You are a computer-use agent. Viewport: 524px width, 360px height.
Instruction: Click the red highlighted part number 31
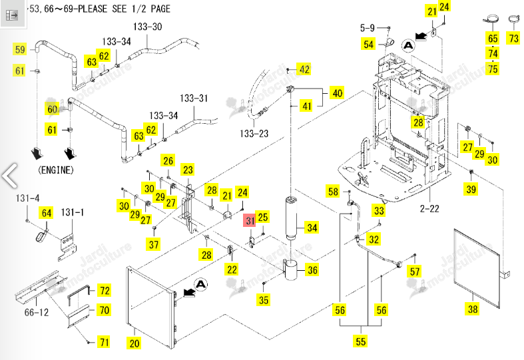coord(250,220)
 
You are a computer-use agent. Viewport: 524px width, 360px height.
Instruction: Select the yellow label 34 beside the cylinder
coord(312,228)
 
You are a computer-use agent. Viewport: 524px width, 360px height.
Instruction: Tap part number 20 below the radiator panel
coord(134,343)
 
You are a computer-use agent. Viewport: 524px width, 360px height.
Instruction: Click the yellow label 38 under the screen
coord(473,309)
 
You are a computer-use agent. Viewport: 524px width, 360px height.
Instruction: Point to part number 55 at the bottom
coord(361,341)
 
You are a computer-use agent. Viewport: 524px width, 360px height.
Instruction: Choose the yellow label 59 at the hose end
coord(20,49)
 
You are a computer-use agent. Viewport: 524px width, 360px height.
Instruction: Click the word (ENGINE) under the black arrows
coord(56,170)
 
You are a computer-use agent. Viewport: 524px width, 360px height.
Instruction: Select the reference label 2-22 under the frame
coord(429,209)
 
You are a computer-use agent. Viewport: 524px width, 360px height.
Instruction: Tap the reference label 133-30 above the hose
coord(147,27)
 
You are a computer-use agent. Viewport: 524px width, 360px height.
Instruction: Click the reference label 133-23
coord(254,134)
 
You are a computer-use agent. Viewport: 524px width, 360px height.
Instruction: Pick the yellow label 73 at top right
coord(514,38)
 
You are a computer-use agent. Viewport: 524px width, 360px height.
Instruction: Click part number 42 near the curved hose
coord(304,69)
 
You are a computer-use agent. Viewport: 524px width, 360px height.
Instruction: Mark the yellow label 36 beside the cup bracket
coord(312,270)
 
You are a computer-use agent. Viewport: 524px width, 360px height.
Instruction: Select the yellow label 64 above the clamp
coord(47,213)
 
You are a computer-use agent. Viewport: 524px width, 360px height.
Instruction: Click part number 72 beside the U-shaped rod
coord(105,291)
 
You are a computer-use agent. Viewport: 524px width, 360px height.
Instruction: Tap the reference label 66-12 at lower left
coord(37,313)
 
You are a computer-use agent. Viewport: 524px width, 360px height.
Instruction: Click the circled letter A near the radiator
coord(200,285)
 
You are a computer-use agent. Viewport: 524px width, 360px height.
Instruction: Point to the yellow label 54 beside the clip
coord(368,45)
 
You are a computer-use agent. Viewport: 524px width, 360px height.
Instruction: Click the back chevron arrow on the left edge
coord(9,175)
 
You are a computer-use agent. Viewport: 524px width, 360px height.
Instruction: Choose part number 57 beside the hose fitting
coord(415,271)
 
